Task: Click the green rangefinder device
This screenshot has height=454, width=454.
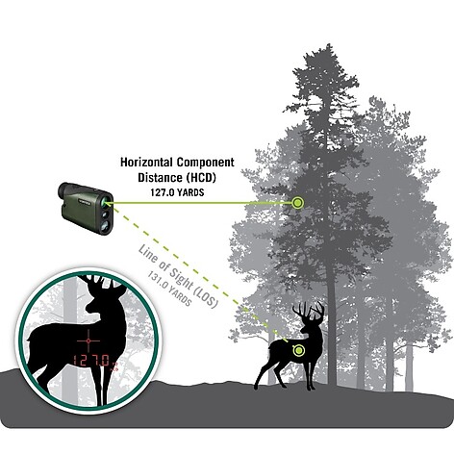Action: (86, 208)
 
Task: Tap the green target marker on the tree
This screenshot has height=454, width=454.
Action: (297, 203)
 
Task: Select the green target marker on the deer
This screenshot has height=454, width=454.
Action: (298, 350)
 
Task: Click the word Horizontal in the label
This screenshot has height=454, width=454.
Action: (147, 163)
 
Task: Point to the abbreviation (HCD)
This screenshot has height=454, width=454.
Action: (200, 178)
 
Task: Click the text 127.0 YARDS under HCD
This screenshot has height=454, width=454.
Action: (177, 192)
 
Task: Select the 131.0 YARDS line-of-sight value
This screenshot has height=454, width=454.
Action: (169, 290)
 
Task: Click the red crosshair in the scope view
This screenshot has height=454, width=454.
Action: (88, 340)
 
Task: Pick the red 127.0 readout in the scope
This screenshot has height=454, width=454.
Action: (91, 361)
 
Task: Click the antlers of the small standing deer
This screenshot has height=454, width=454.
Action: (308, 311)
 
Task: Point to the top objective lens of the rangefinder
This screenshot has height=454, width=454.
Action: (106, 202)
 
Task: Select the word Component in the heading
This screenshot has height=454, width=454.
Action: (206, 163)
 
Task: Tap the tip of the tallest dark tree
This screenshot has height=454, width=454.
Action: (328, 44)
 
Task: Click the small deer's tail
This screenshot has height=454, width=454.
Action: (271, 347)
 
